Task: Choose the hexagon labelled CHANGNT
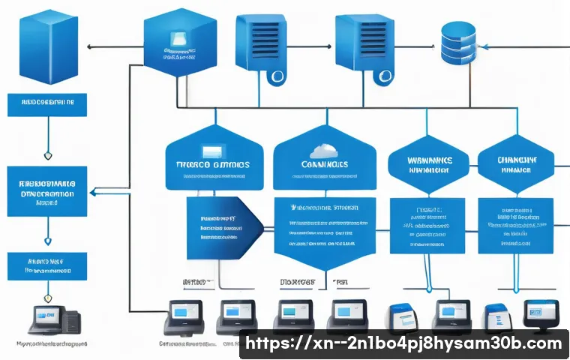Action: coord(516,163)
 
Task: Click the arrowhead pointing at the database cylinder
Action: coord(484,46)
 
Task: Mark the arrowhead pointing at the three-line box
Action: coord(91,193)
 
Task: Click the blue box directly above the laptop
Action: coord(46,265)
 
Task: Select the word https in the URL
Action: coord(265,343)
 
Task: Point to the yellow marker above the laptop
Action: coord(48,241)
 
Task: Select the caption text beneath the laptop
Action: coord(49,343)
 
